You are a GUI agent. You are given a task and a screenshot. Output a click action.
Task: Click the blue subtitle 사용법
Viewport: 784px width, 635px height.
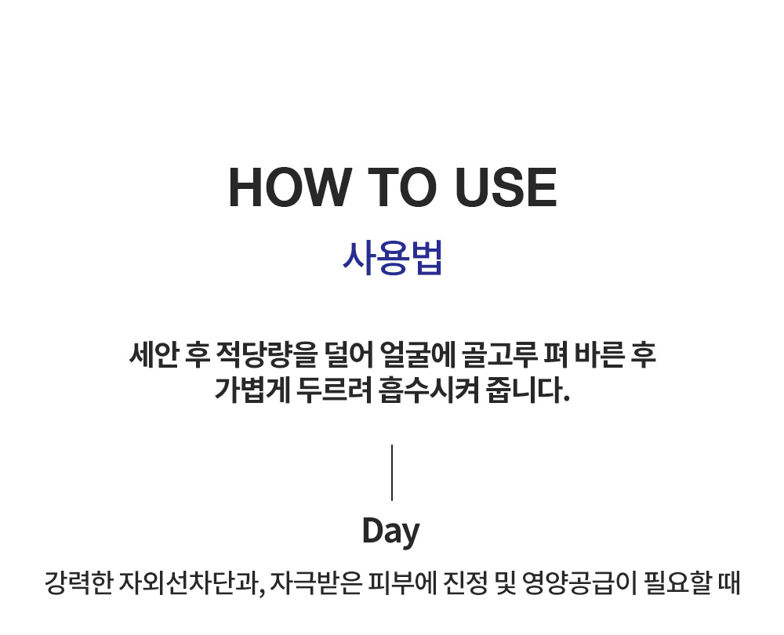[392, 258]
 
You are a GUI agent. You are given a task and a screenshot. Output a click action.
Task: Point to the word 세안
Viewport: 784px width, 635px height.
[154, 355]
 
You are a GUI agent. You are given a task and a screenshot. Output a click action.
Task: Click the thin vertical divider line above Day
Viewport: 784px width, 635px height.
[392, 472]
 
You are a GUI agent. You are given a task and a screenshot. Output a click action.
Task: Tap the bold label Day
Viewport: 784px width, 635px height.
[391, 532]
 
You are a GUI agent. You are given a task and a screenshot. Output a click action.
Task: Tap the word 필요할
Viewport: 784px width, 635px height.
[673, 585]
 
